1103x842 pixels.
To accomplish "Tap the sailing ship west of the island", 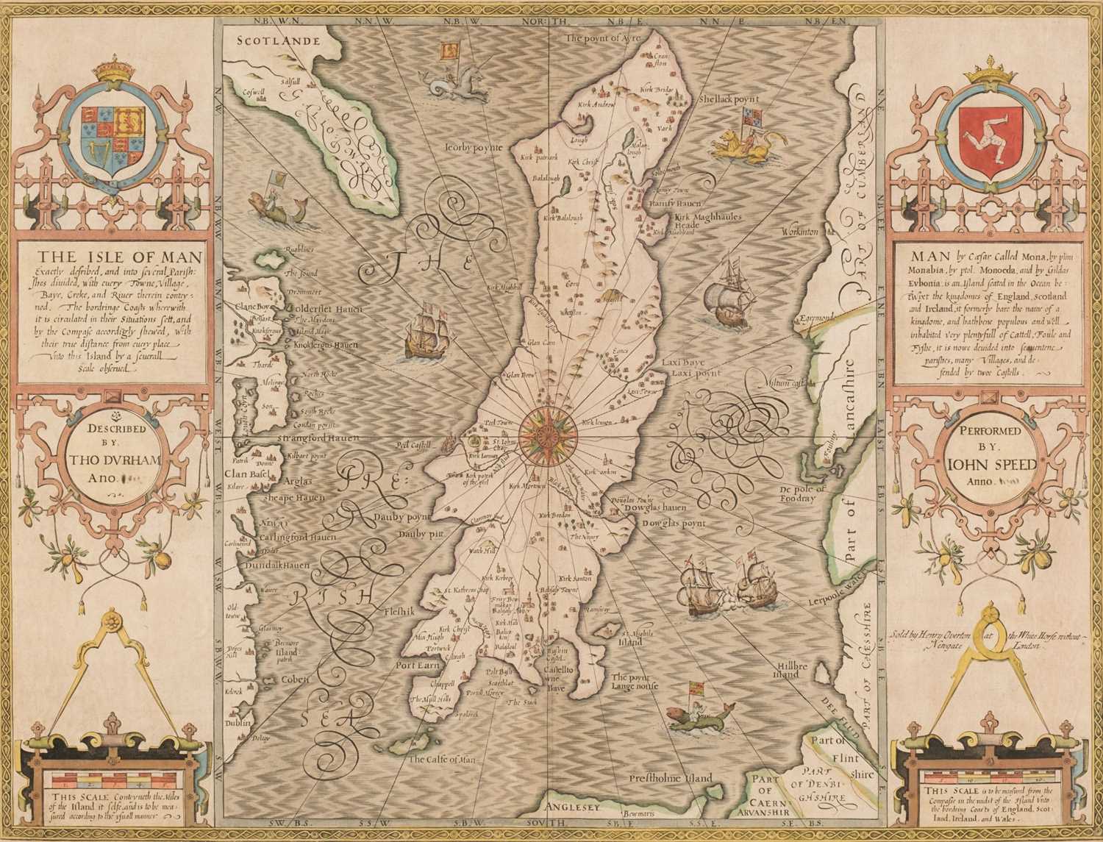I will pyautogui.click(x=425, y=330).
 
